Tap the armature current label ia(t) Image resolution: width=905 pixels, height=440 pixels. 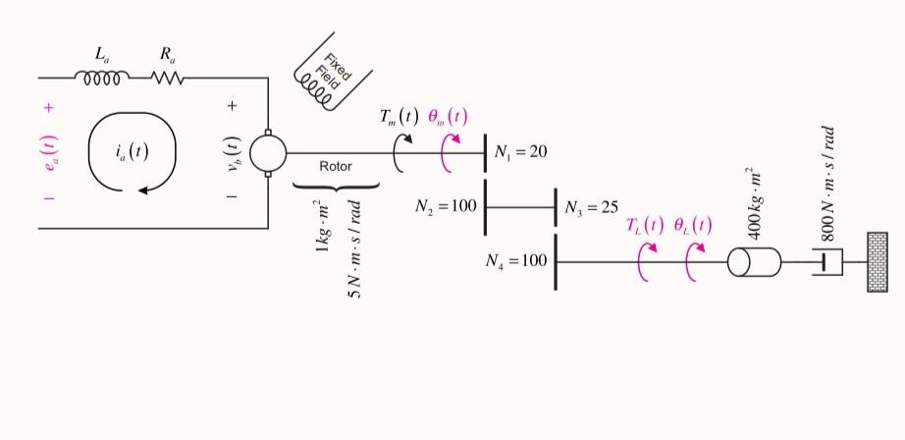[132, 151]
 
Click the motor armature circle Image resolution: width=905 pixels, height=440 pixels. [268, 153]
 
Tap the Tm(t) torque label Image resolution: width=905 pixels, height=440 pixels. [399, 115]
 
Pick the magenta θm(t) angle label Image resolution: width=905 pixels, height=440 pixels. [448, 115]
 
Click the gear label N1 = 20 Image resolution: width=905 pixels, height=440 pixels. [520, 152]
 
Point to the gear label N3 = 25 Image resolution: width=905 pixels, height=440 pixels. [591, 207]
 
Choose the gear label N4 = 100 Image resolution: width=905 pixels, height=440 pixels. [515, 262]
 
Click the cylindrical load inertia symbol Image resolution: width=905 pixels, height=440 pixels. [754, 262]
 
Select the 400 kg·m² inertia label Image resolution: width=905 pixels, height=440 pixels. [755, 202]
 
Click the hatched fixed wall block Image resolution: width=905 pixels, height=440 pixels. [877, 262]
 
